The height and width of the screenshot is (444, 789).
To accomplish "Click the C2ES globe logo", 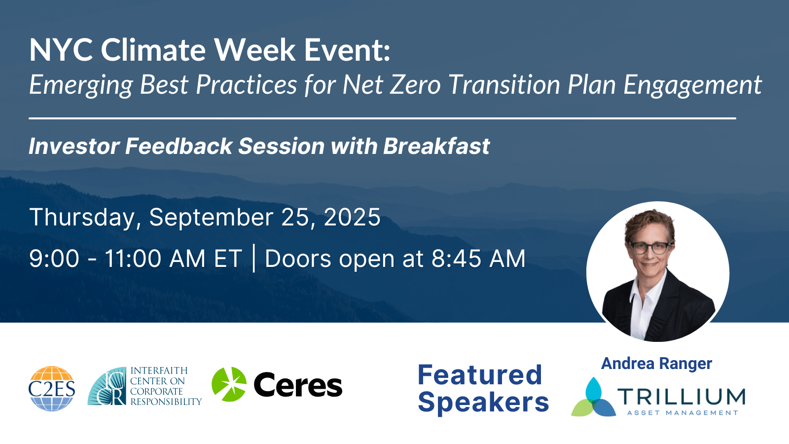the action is [x=52, y=388].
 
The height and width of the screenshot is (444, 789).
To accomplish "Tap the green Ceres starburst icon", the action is [x=229, y=384].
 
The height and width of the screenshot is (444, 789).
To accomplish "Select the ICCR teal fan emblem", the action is [x=107, y=386].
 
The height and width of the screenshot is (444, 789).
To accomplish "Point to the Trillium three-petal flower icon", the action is [x=594, y=397].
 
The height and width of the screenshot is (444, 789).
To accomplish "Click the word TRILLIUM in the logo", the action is [x=681, y=397].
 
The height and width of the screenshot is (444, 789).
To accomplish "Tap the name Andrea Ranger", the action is [x=656, y=363].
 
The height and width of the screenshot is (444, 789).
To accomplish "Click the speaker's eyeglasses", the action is [x=650, y=248].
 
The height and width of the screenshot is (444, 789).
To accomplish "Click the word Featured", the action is [x=480, y=374].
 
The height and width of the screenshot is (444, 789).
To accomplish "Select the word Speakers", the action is [x=483, y=403].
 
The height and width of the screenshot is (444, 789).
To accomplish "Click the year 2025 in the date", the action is [x=352, y=217].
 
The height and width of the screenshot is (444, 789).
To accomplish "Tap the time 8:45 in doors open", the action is [x=456, y=259].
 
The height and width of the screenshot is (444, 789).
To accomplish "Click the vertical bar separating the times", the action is [x=253, y=259].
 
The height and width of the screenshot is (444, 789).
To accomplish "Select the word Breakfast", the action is [x=436, y=146].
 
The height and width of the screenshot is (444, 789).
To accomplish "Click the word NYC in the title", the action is [x=61, y=50].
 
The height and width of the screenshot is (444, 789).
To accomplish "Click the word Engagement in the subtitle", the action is [x=692, y=86].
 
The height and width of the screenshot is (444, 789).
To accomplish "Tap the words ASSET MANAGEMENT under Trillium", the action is [x=682, y=412].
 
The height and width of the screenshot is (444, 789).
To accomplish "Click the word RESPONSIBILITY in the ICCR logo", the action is [x=166, y=402].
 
